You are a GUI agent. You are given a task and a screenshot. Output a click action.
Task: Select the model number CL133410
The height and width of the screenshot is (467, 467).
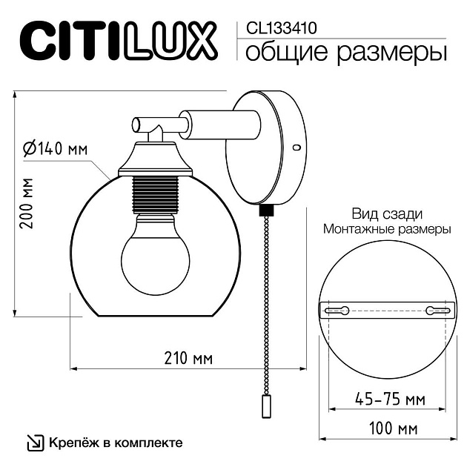(x=277, y=28)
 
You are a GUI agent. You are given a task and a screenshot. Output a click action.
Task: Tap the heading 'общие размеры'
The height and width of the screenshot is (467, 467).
(x=345, y=53)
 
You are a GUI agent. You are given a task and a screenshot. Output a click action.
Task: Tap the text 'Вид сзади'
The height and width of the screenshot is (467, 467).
(x=386, y=213)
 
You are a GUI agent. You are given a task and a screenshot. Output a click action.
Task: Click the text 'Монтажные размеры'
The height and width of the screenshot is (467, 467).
(x=387, y=229)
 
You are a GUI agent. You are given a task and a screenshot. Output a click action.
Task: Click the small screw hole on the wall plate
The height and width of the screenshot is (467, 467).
(x=297, y=148)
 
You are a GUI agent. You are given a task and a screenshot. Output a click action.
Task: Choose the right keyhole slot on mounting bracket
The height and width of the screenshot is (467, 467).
(x=436, y=310)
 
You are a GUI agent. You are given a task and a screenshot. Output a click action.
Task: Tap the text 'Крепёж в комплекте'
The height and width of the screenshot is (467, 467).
(x=116, y=443)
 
